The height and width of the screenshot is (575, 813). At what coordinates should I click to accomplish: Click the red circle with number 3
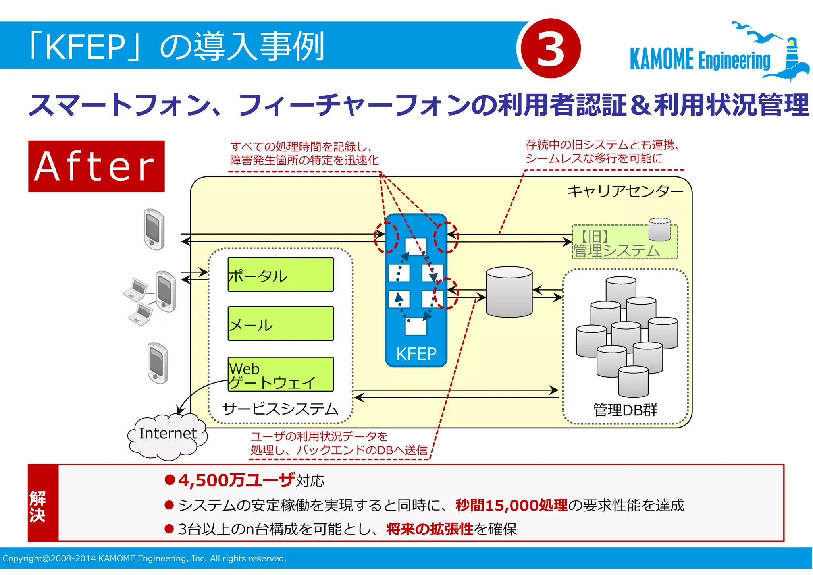pos(551,48)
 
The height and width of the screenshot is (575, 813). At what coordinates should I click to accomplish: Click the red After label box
pos(96,166)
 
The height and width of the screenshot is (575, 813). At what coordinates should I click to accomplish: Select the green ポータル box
pos(280,275)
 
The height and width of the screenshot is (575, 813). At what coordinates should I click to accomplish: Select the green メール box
pos(280,324)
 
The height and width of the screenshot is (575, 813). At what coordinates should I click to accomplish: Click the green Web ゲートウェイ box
pos(280,374)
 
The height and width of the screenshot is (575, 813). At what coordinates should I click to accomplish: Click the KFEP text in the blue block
pos(416,353)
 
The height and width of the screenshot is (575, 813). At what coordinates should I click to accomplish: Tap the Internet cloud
pos(167,435)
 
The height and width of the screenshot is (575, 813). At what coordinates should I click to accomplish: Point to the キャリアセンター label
pos(625,191)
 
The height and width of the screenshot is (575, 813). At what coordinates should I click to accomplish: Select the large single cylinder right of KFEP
pos(509,292)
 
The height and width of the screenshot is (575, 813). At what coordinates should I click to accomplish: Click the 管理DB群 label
pos(625,410)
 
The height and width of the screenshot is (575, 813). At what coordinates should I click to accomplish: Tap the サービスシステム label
pos(280,409)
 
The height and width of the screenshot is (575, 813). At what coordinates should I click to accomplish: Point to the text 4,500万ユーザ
pos(237,480)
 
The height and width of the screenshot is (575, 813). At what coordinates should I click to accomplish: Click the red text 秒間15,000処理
pos(511,505)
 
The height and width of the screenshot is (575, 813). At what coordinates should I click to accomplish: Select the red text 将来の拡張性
pos(430,529)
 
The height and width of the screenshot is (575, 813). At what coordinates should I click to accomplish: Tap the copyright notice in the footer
pos(144,558)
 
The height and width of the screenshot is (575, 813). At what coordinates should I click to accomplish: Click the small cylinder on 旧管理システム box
pos(659,230)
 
